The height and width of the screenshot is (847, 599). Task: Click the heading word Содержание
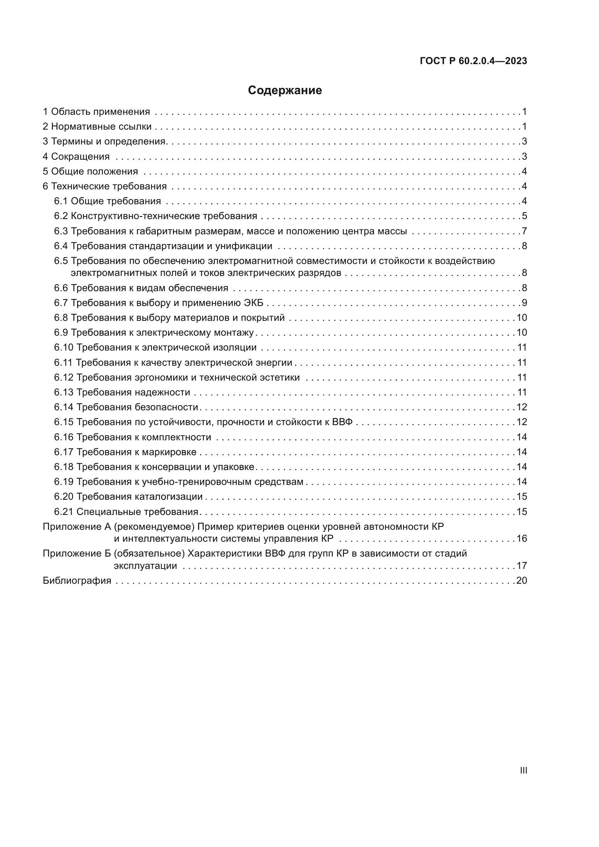[285, 91]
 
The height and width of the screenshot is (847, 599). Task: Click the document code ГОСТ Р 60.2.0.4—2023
[473, 61]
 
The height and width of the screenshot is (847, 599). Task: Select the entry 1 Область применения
[96, 112]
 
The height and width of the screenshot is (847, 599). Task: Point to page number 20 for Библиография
[521, 580]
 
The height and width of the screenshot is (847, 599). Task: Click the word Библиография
[77, 580]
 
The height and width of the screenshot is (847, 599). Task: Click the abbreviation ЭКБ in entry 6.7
[254, 303]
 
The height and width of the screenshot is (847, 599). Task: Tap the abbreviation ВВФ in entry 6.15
[342, 422]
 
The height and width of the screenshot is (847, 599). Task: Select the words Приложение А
[77, 527]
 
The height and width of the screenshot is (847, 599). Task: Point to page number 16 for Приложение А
[521, 538]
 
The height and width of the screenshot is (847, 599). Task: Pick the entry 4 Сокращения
[76, 156]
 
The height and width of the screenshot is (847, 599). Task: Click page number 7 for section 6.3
[524, 231]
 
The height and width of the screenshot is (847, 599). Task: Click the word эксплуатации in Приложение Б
[145, 566]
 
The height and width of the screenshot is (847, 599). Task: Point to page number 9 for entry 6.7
[524, 303]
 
